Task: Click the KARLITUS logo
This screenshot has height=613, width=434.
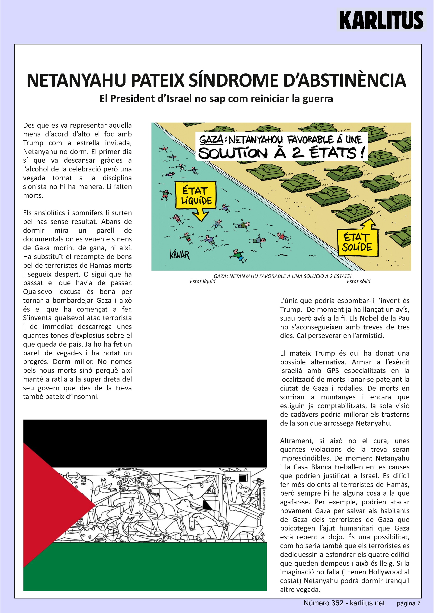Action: (381, 20)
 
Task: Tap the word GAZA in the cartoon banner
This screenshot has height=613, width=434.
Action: (211, 140)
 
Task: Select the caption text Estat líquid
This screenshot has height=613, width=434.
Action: (202, 281)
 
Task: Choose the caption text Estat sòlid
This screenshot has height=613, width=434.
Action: (358, 281)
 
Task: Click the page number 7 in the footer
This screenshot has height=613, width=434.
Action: (419, 604)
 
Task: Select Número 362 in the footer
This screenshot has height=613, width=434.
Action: (323, 603)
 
